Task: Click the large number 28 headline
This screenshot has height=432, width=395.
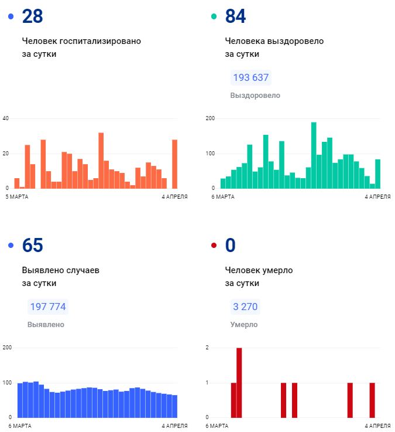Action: pos(32,16)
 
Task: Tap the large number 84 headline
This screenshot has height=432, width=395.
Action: pos(235,16)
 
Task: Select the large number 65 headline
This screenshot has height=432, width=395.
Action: pos(32,245)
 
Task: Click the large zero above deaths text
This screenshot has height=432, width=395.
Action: pos(230,245)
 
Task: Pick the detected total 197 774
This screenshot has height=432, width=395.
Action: pos(47,307)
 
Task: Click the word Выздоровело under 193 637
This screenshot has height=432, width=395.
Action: pos(255,96)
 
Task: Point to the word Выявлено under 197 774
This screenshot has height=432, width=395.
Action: pos(46,325)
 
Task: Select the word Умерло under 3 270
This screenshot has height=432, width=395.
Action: pos(243,325)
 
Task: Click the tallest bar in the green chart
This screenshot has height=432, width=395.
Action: pos(314,155)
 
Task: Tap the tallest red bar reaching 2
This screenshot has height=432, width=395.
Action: pos(239,382)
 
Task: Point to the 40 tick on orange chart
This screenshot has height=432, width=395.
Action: pos(6,118)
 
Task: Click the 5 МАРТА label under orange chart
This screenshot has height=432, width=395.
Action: pos(16,197)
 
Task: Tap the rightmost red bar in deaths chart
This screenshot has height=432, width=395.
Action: pos(372,400)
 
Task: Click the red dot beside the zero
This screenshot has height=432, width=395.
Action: pos(214,246)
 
